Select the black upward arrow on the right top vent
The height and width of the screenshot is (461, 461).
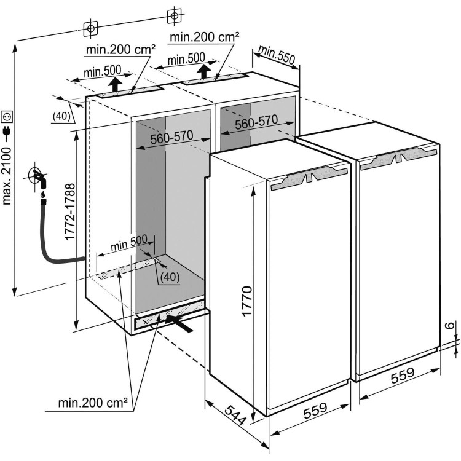[x=203, y=73]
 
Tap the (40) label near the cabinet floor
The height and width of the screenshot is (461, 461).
[x=168, y=277]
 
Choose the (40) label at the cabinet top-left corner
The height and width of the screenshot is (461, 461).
[x=60, y=116]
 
